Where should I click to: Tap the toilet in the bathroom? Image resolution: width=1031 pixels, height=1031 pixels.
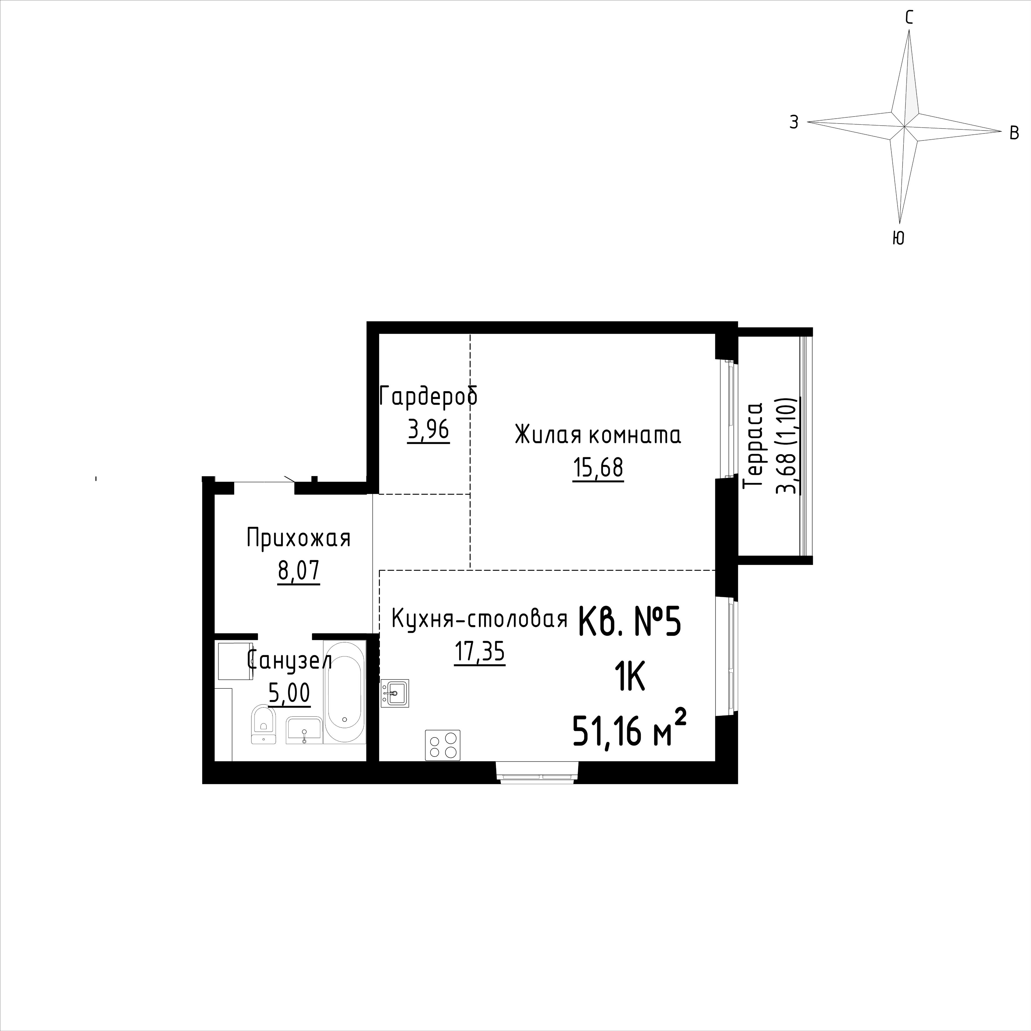[x=263, y=724]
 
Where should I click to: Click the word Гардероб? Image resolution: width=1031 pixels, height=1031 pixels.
[x=429, y=397]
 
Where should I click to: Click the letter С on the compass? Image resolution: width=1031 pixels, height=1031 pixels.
[x=909, y=18]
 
